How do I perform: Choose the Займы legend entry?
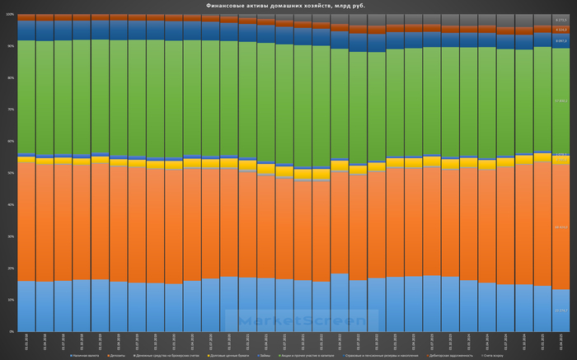pos(265,354)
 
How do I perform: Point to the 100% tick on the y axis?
pos(10,15)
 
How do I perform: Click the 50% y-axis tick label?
pos(10,173)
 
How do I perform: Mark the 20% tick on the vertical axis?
pos(10,269)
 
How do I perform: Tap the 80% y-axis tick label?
pos(10,78)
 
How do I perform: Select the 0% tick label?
pos(11,332)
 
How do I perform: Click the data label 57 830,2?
pos(561,101)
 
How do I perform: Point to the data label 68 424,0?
pos(561,226)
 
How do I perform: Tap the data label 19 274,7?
pos(561,311)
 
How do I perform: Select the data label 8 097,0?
pos(561,40)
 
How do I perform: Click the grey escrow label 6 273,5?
pos(561,20)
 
